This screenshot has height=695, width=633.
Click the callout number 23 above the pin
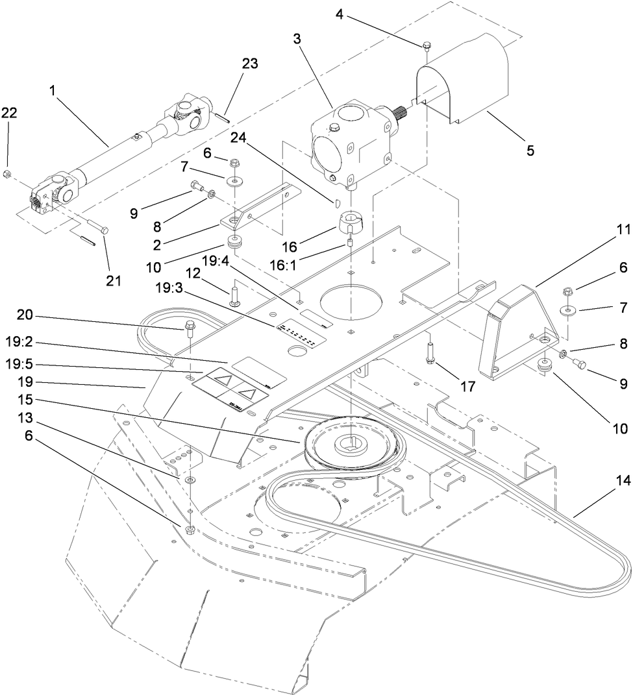click(x=250, y=64)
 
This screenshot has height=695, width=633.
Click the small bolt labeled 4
click(x=427, y=45)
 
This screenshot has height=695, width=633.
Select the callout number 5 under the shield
click(x=530, y=151)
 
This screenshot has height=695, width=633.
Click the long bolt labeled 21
click(x=97, y=228)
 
